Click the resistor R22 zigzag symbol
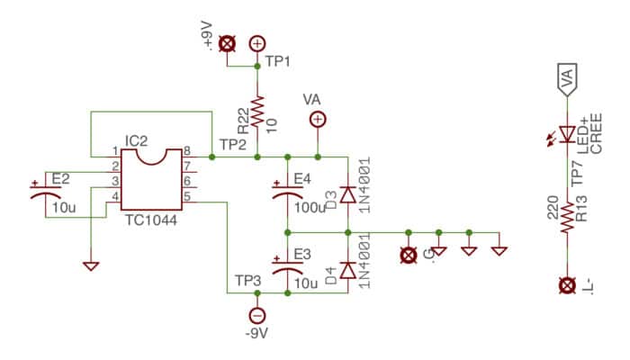257,111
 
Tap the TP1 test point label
277,61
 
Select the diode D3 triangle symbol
348,194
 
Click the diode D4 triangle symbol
348,270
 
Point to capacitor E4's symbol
288,191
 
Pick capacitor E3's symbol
288,266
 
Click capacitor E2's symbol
45,191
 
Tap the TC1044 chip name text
150,220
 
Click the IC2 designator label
136,141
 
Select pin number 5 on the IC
187,196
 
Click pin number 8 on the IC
187,151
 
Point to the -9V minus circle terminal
257,315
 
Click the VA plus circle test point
318,120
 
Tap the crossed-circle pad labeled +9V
227,43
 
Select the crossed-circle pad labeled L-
567,285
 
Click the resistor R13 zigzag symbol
567,217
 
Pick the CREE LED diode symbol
567,134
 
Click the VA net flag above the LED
567,79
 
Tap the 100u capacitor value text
310,208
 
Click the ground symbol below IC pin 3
91,266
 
